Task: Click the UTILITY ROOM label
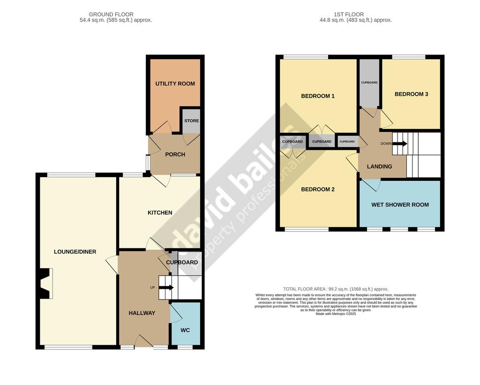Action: point(175,84)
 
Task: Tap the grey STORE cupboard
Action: point(192,121)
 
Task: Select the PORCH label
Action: point(175,154)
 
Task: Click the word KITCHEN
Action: point(160,213)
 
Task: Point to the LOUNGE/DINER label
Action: point(75,252)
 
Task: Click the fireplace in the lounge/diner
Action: point(45,283)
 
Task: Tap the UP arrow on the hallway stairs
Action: point(166,287)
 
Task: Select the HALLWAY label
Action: point(142,313)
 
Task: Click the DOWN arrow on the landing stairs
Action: point(400,144)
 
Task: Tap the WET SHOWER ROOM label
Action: point(400,205)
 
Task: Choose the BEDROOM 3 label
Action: point(411,94)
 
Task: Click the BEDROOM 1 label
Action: point(318,96)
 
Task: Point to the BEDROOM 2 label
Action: point(318,189)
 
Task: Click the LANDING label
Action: point(379,167)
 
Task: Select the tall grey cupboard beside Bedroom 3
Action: point(369,83)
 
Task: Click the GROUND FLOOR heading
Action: point(111,15)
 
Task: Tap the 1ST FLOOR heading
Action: point(349,15)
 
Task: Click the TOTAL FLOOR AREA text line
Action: point(336,289)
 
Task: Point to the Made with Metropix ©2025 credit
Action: point(336,314)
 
